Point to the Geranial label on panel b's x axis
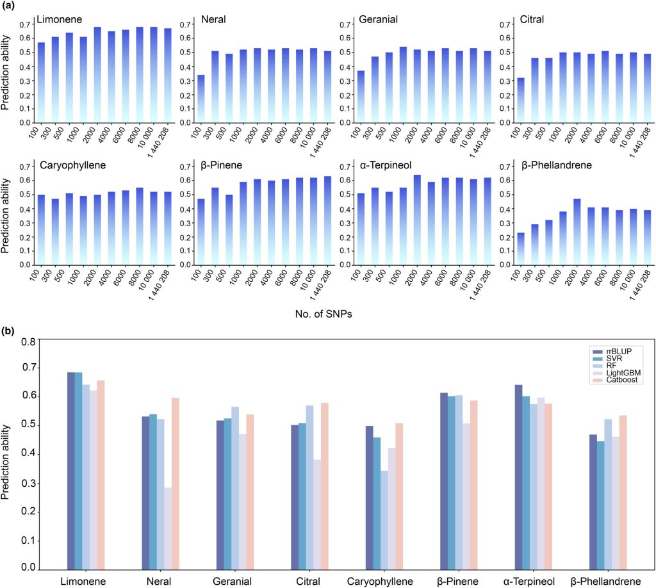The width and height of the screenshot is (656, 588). coord(233,579)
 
